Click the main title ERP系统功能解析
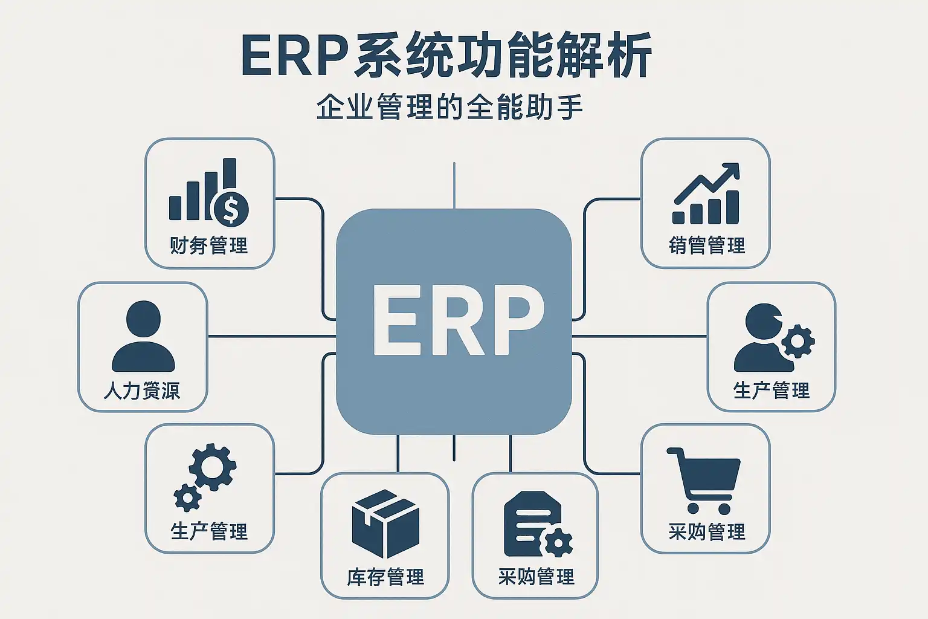tap(446, 56)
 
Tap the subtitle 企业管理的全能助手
tap(449, 108)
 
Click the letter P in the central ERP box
tap(514, 319)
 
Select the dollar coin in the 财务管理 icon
tap(231, 209)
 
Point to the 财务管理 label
tap(209, 245)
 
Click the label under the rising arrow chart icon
tap(707, 245)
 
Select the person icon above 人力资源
tap(143, 336)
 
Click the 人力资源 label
tap(142, 391)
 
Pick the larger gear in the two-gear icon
tap(213, 467)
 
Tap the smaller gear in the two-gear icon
tap(187, 497)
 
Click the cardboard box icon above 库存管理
tap(385, 523)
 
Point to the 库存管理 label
tap(385, 577)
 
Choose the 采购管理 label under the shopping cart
tap(707, 531)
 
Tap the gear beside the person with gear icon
tap(797, 342)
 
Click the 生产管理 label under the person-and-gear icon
tap(772, 391)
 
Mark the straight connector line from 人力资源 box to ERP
tap(272, 336)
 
